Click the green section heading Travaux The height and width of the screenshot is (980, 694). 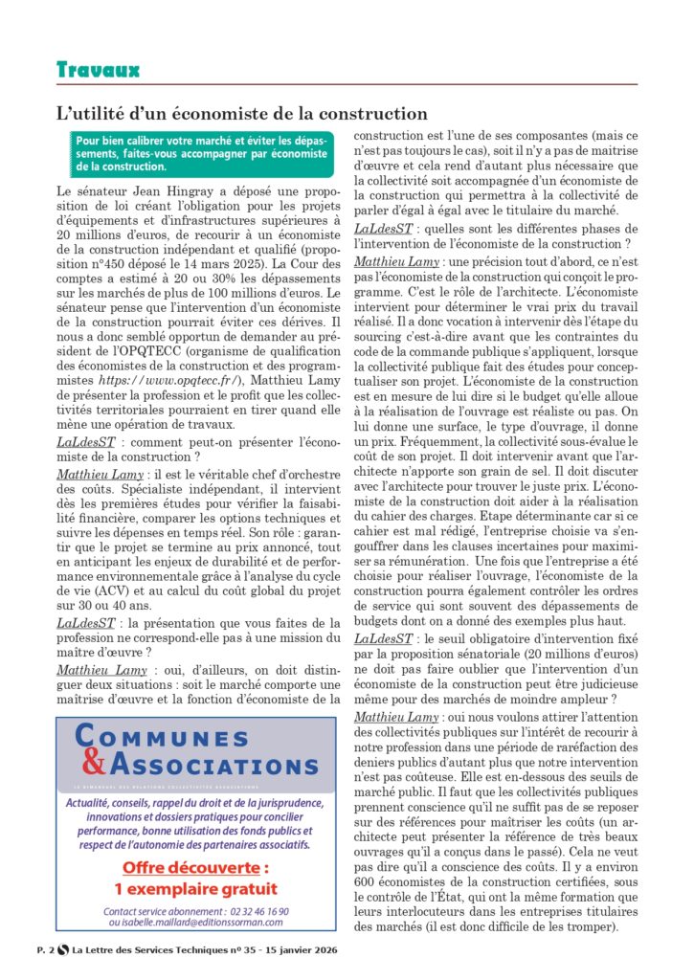[98, 70]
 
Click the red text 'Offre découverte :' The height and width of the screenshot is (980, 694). [195, 868]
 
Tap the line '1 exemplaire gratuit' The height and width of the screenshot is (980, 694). [195, 888]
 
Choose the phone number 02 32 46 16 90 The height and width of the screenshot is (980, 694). [247, 911]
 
